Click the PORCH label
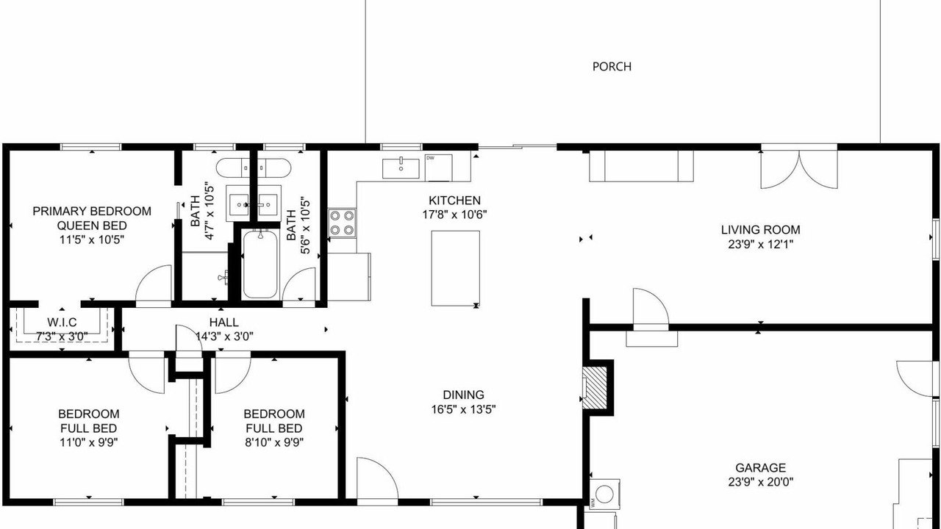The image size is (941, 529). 612,67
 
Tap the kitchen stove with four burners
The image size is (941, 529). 342,223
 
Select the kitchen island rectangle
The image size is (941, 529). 455,268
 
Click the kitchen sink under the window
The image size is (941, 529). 401,168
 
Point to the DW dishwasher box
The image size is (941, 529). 439,168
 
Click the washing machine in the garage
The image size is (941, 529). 604,494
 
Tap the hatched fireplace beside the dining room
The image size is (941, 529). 595,388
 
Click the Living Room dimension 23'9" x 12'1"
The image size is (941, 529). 760,245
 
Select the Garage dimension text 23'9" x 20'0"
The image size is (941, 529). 760,482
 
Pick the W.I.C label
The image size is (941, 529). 62,323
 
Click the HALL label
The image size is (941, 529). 224,323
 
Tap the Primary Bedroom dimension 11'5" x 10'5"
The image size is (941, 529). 92,240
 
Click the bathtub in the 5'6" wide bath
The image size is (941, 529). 260,264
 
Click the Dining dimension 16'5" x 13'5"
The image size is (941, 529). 463,409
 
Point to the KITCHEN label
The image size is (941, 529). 454,201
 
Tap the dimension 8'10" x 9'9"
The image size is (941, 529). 274,442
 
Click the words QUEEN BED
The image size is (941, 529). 92,226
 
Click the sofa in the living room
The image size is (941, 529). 641,166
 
